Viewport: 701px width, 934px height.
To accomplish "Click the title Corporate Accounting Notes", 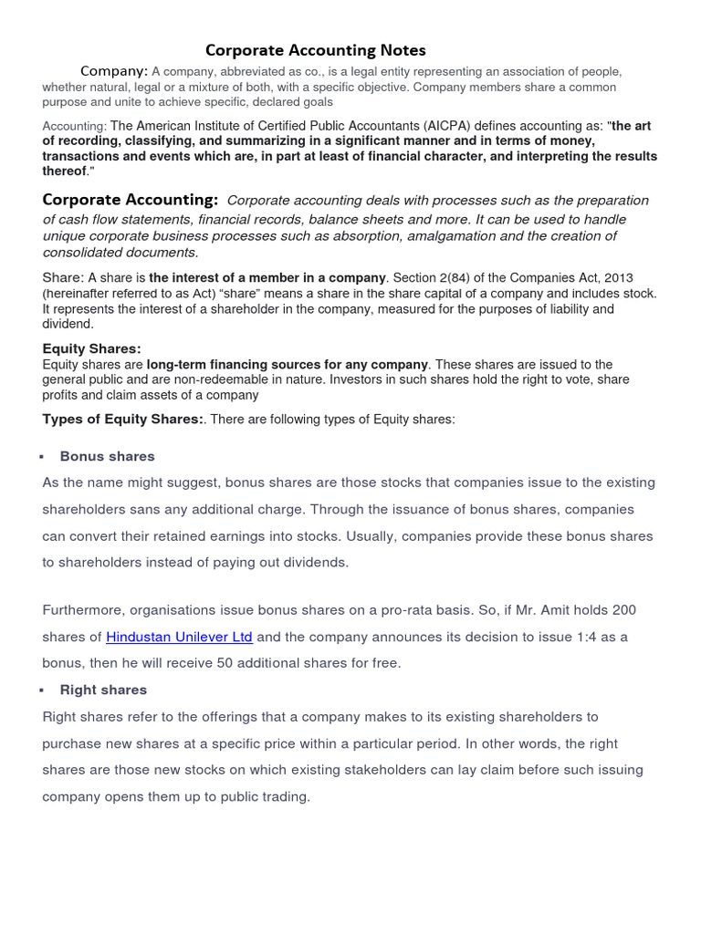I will click(x=315, y=50).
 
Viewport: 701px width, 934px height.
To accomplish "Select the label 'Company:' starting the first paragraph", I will click(x=114, y=71).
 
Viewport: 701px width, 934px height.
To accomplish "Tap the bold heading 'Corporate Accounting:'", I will click(x=131, y=200).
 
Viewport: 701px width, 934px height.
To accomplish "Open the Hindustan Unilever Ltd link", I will click(x=179, y=637).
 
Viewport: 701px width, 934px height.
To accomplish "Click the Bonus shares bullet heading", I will click(x=107, y=456).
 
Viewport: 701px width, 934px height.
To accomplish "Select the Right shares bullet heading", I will click(x=103, y=690).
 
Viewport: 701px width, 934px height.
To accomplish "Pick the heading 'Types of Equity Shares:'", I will click(x=124, y=419).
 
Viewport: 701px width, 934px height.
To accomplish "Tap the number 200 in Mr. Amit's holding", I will click(x=623, y=609).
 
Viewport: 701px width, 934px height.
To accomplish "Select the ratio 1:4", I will click(x=571, y=637).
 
